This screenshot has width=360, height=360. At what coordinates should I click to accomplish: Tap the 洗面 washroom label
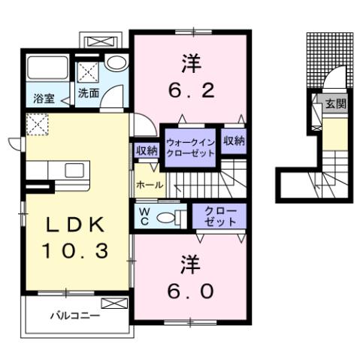pos(89,94)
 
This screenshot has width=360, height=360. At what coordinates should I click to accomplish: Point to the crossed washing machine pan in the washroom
pos(89,71)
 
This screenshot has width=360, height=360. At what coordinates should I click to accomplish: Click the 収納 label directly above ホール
pos(147,150)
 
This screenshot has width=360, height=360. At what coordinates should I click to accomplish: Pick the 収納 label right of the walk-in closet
pos(234,141)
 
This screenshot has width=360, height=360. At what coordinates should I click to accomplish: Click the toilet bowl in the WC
pos(174,217)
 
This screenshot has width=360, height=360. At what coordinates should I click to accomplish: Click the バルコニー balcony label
pos(75,316)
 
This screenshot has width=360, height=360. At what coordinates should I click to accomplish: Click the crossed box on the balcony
pos(115,304)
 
